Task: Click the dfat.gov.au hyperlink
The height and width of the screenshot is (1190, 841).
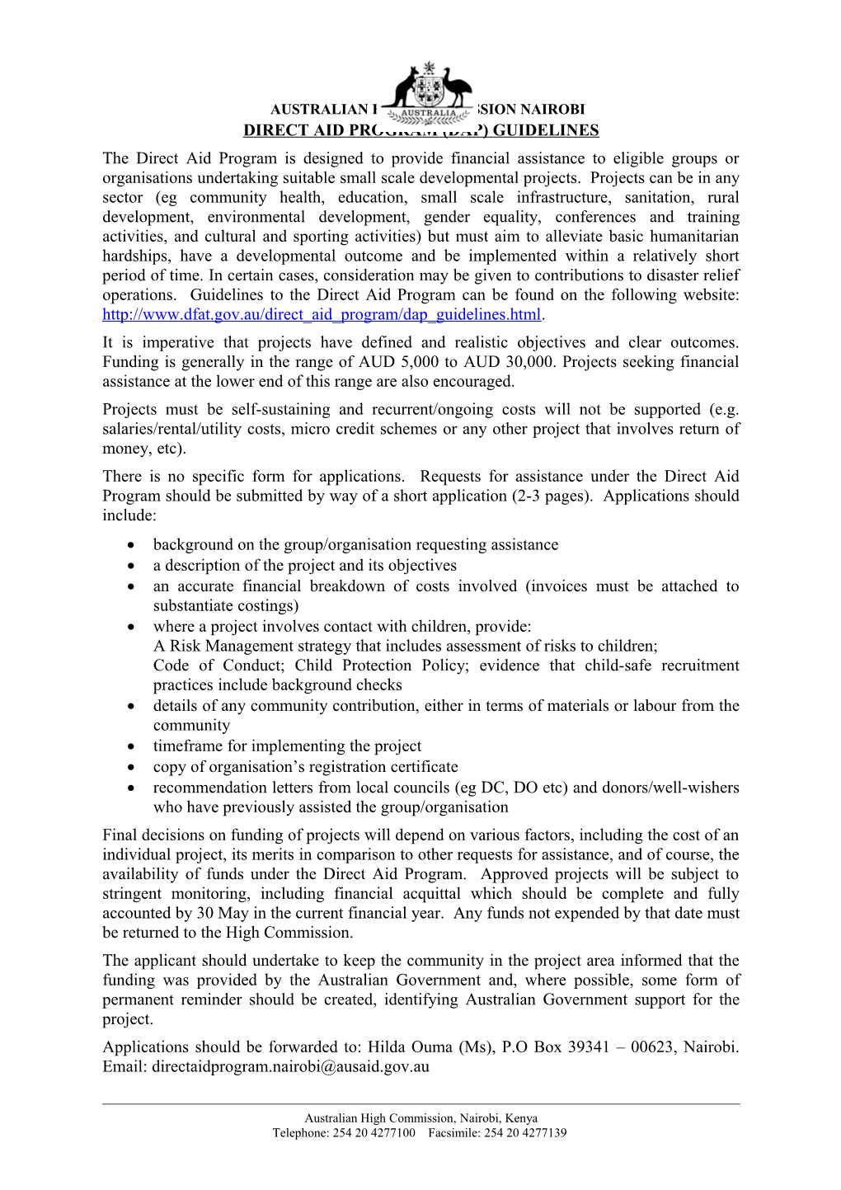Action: pyautogui.click(x=322, y=314)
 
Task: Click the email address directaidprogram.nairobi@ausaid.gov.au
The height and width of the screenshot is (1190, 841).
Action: pyautogui.click(x=290, y=1066)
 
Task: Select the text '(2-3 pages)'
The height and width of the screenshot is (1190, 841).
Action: pyautogui.click(x=549, y=496)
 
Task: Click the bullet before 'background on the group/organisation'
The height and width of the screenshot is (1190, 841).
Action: pyautogui.click(x=132, y=545)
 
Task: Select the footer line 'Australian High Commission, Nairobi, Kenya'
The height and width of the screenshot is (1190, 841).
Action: pyautogui.click(x=420, y=1118)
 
